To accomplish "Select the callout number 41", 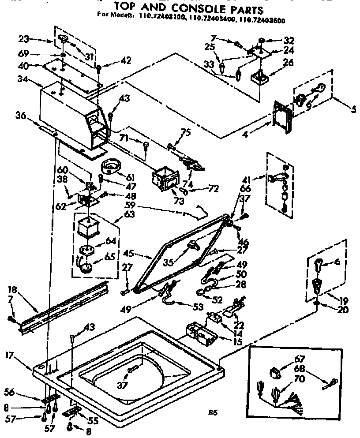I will click(x=246, y=180).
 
